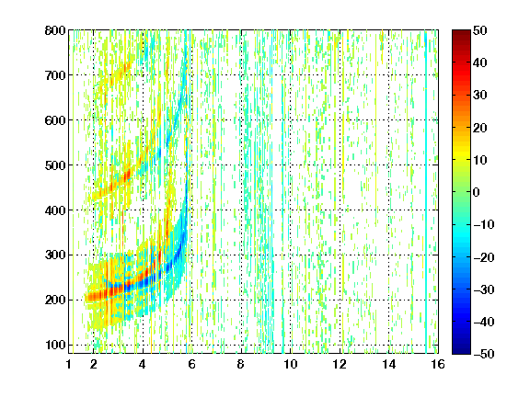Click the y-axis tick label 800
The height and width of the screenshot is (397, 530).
click(55, 30)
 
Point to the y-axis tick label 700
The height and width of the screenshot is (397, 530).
click(55, 75)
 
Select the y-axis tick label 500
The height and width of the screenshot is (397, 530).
click(55, 165)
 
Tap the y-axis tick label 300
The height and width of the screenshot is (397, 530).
click(55, 255)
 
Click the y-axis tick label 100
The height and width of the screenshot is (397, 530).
click(55, 345)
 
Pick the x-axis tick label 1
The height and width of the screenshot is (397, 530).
click(69, 364)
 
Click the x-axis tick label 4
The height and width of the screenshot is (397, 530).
click(143, 364)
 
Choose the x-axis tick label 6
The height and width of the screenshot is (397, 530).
click(191, 364)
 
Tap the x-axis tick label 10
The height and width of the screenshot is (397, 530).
click(291, 364)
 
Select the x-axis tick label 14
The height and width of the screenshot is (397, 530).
click(389, 364)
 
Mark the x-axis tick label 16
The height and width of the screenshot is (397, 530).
click(438, 364)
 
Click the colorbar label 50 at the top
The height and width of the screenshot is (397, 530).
click(479, 30)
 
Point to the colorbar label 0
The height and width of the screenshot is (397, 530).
click(477, 192)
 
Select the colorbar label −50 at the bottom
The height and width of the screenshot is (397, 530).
click(483, 354)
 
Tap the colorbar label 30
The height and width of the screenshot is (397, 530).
click(479, 96)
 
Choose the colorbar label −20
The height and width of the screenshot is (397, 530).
click(483, 257)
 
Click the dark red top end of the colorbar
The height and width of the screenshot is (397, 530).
click(461, 32)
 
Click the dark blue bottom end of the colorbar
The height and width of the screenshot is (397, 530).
click(461, 351)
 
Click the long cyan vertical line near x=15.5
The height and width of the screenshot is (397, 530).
click(426, 192)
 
